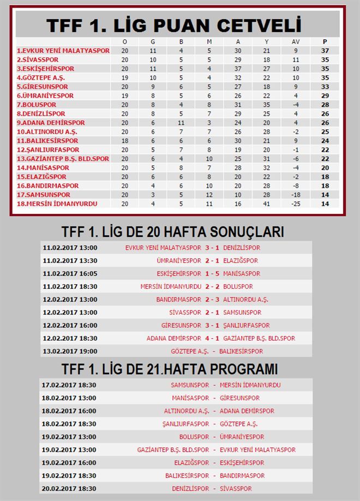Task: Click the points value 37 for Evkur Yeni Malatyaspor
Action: coord(325,51)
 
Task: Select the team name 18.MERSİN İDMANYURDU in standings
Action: coord(57,204)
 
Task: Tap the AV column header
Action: coord(296,41)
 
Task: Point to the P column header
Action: coord(325,41)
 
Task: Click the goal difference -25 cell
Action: coord(296,204)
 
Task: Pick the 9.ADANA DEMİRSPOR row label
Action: coord(51,123)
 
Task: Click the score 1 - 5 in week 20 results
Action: coord(212,274)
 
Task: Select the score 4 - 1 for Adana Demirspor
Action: coord(212,338)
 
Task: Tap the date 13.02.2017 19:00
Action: coord(70,351)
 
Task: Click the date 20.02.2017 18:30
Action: coord(70,489)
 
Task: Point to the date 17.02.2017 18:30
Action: coord(70,385)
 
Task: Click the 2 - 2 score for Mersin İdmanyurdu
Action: coord(212,287)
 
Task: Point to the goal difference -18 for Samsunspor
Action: coord(296,195)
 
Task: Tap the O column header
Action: coord(125,41)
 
